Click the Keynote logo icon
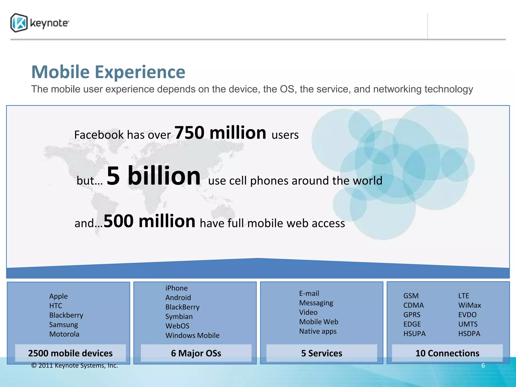(19, 23)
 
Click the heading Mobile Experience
(108, 72)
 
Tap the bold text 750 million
(220, 133)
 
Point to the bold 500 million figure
(149, 221)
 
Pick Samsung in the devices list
(63, 325)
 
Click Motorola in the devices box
(64, 334)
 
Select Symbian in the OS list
(179, 316)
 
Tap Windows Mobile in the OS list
(192, 335)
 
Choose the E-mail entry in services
(309, 293)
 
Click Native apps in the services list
(318, 331)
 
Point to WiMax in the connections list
(469, 305)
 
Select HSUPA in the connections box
(414, 334)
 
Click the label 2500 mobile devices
(70, 353)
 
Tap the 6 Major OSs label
(196, 353)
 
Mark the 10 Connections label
(447, 353)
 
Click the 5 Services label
(322, 353)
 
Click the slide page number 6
(483, 365)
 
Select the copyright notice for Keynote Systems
(75, 366)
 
